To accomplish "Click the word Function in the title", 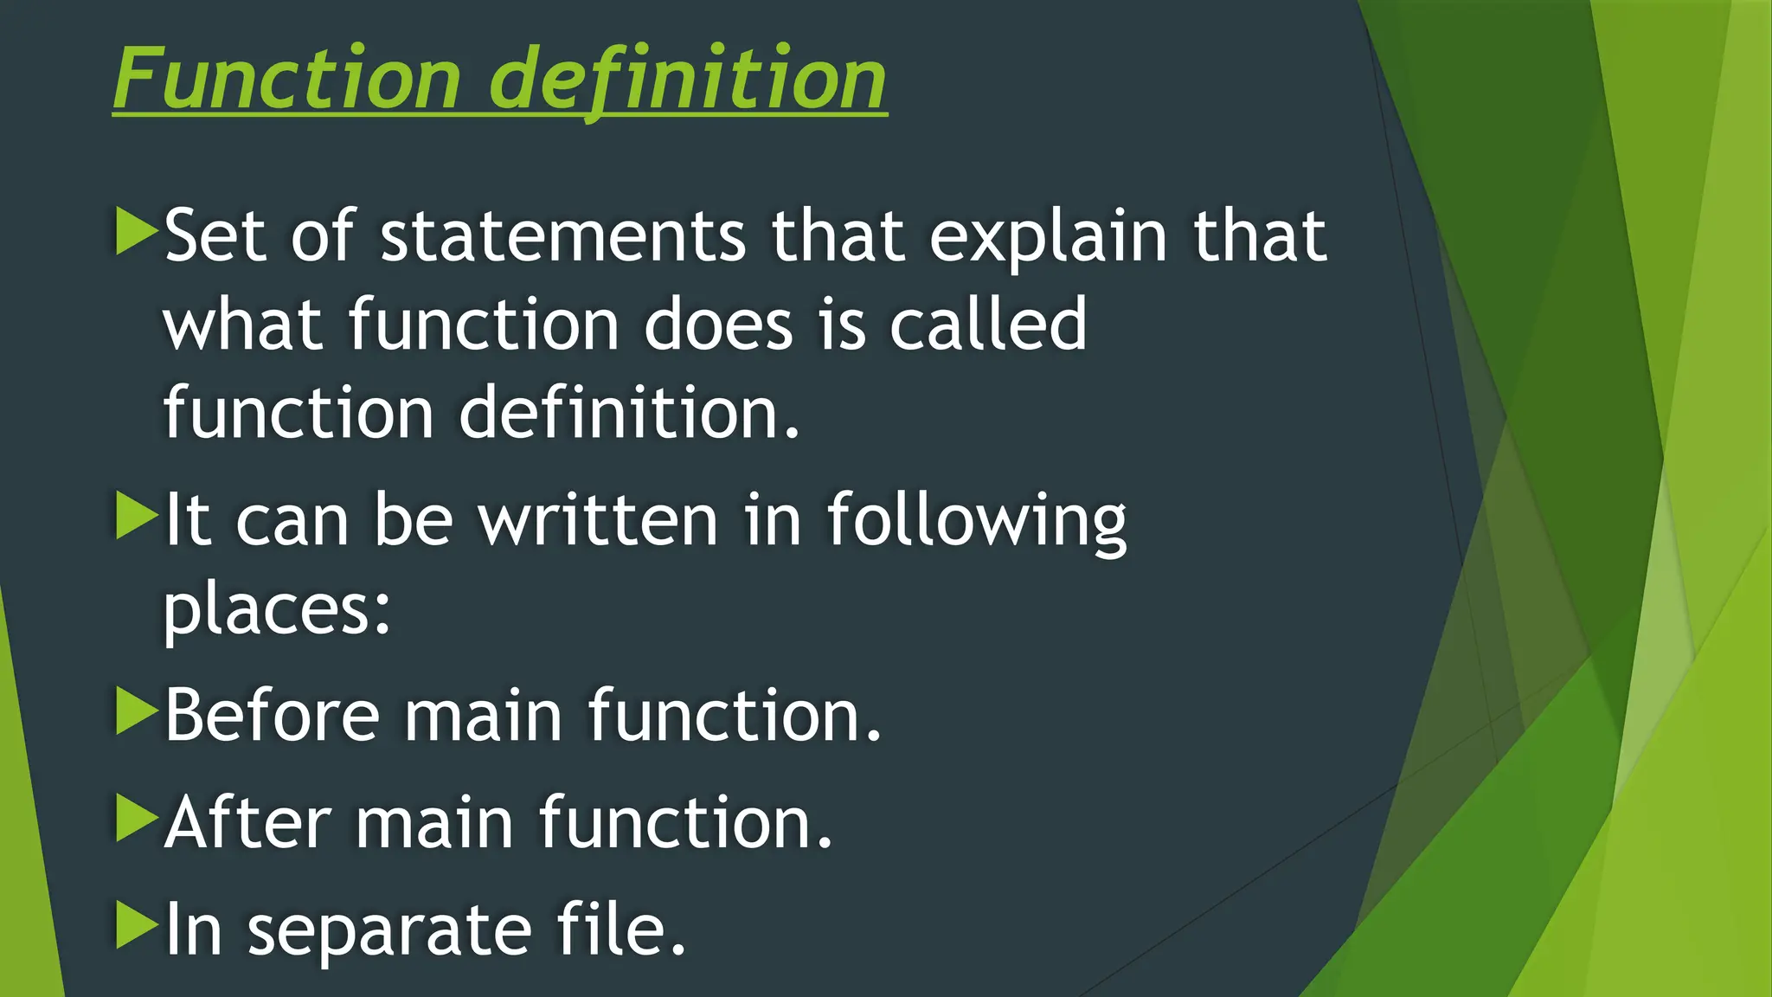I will tap(286, 79).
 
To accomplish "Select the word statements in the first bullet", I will tap(562, 235).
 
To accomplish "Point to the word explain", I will tap(1048, 235).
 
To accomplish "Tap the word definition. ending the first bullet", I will tap(629, 413).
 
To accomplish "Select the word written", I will tap(598, 520).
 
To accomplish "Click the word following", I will tap(977, 520).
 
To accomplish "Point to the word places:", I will tap(278, 609).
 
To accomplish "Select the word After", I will tap(247, 822).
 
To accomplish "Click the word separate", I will tap(389, 931).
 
